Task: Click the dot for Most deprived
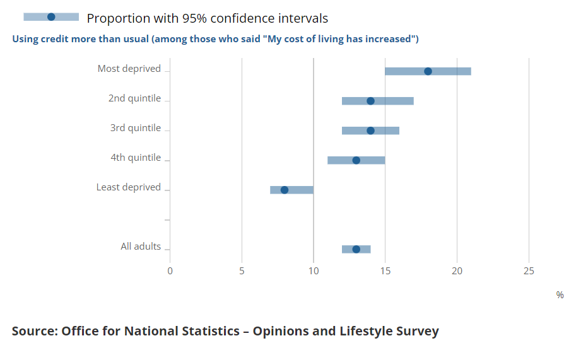pyautogui.click(x=428, y=71)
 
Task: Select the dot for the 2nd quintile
pyautogui.click(x=370, y=101)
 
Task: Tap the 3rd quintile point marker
pyautogui.click(x=370, y=131)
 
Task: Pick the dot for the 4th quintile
pyautogui.click(x=356, y=160)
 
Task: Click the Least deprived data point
pyautogui.click(x=284, y=190)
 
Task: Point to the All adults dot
pyautogui.click(x=356, y=249)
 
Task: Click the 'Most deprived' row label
pyautogui.click(x=129, y=69)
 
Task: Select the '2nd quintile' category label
pyautogui.click(x=134, y=98)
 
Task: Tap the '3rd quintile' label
pyautogui.click(x=135, y=128)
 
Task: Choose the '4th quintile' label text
pyautogui.click(x=135, y=158)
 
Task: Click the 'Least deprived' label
pyautogui.click(x=129, y=187)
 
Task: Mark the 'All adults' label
pyautogui.click(x=141, y=247)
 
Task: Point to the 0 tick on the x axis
pyautogui.click(x=170, y=271)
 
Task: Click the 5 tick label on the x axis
pyautogui.click(x=242, y=271)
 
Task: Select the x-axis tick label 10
pyautogui.click(x=314, y=271)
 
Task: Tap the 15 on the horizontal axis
pyautogui.click(x=385, y=271)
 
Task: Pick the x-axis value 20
pyautogui.click(x=457, y=271)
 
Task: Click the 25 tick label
pyautogui.click(x=529, y=271)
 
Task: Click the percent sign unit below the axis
pyautogui.click(x=560, y=295)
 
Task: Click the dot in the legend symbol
pyautogui.click(x=51, y=17)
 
